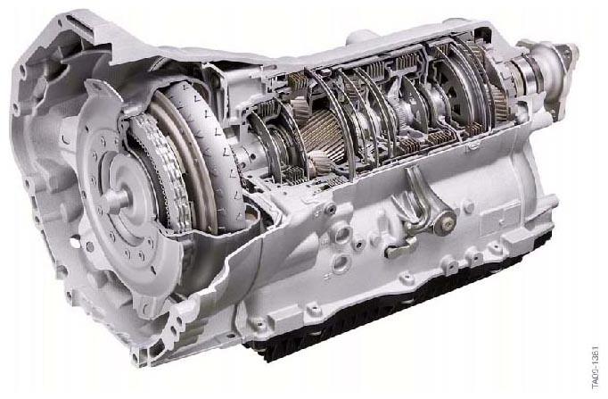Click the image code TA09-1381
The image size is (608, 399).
click(596, 366)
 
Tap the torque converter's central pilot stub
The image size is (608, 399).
click(115, 200)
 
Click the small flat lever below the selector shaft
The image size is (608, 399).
click(400, 247)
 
